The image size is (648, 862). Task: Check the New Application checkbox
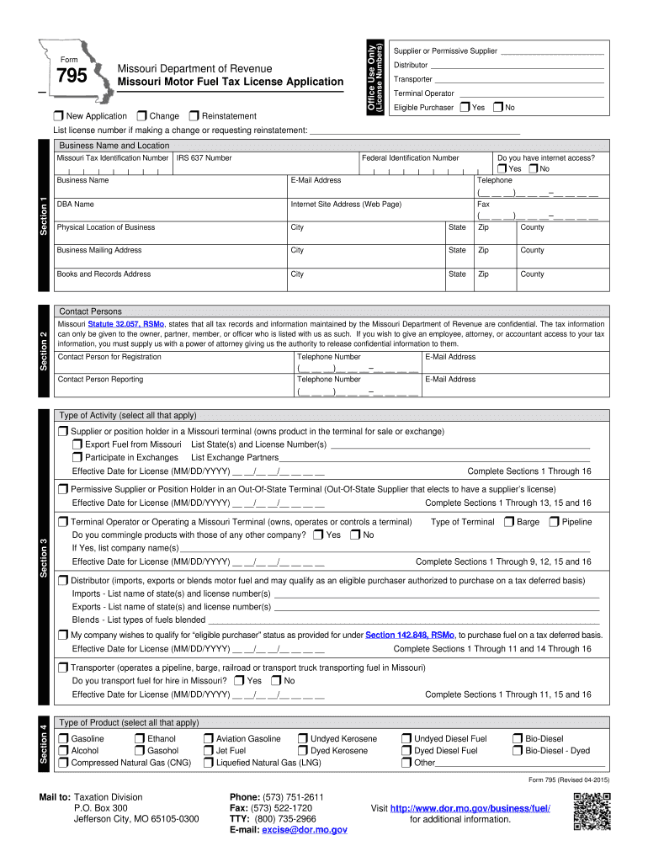click(58, 115)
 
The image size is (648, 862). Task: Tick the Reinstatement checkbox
click(195, 115)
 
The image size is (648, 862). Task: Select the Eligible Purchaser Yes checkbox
click(465, 107)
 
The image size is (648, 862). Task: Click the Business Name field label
click(82, 180)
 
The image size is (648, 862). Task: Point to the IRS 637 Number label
click(204, 157)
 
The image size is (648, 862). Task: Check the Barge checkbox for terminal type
click(508, 522)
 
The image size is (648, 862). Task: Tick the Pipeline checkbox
click(554, 522)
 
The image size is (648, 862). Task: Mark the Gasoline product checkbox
click(63, 739)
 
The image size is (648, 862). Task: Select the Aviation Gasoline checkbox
click(208, 739)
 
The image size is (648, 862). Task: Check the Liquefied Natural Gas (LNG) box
click(208, 763)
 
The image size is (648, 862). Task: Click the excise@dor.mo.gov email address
click(304, 829)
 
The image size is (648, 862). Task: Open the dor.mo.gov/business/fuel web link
click(470, 808)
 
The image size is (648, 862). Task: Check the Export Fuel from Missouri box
click(77, 444)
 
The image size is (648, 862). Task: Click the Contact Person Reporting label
click(100, 379)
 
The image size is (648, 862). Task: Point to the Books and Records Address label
click(104, 274)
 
